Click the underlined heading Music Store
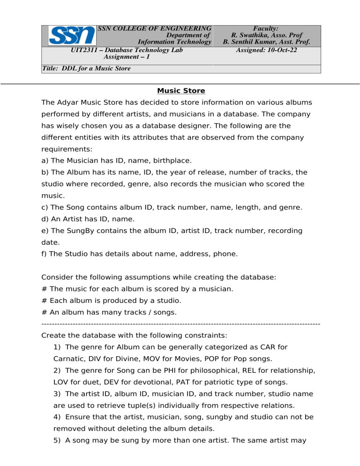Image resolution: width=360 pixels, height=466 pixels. (x=181, y=90)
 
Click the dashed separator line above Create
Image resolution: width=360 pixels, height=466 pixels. (x=180, y=323)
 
